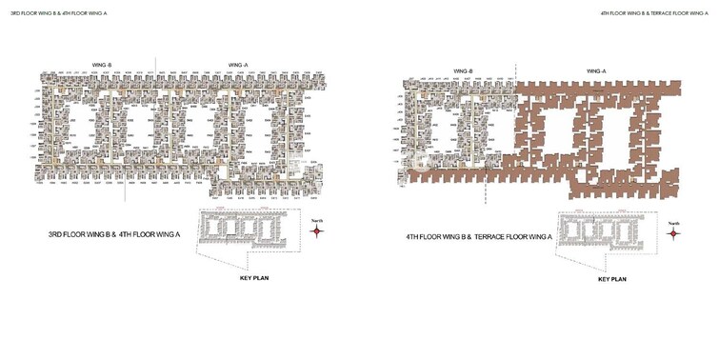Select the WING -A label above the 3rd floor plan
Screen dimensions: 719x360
pyautogui.click(x=238, y=65)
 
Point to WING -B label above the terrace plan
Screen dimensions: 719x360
pyautogui.click(x=464, y=70)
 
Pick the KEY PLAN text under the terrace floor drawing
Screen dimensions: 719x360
pyautogui.click(x=611, y=280)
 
